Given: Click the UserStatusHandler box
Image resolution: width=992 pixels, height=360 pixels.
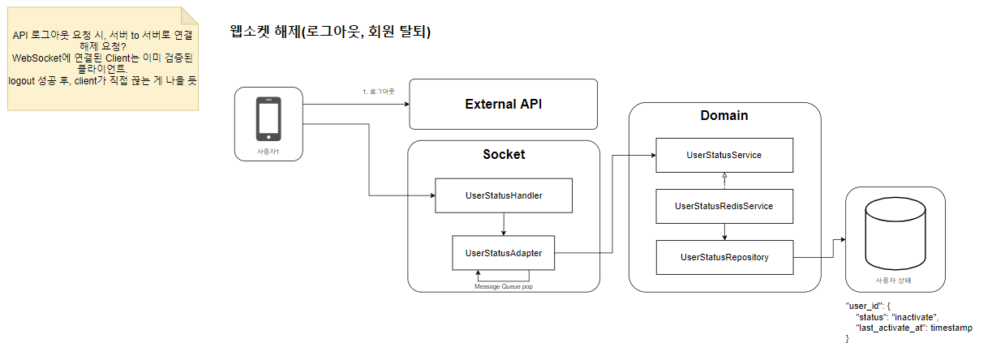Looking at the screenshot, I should point(505,196).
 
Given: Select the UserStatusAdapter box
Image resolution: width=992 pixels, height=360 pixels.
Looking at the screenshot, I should point(504,253).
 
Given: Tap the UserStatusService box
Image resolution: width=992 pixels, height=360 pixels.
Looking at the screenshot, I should point(724,155).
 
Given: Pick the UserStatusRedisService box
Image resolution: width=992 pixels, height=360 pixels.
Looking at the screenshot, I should point(724,206).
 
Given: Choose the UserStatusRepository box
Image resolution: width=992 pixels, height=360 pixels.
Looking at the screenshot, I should point(724,257).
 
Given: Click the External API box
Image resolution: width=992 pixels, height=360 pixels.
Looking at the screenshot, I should point(503,104).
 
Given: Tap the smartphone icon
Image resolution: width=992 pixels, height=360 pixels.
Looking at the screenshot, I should point(268,119).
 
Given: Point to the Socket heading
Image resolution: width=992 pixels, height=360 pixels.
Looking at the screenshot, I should point(504,154).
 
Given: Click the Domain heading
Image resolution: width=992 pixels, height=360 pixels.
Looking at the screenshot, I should point(724,115).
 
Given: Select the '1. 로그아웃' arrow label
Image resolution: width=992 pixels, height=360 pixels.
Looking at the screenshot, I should point(378,92).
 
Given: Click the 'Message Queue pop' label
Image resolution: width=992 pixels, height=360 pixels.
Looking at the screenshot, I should point(504,286).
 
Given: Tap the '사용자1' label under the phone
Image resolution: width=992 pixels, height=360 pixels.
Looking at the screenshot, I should point(268,152).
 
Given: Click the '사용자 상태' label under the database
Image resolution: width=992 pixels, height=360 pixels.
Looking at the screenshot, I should point(895,280).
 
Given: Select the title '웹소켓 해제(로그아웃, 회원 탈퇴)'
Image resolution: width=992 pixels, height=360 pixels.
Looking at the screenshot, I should point(330,33).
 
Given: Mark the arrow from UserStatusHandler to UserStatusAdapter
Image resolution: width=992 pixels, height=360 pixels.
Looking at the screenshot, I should point(505,224).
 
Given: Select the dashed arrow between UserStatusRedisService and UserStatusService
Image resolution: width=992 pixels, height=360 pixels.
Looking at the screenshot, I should point(724,180).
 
